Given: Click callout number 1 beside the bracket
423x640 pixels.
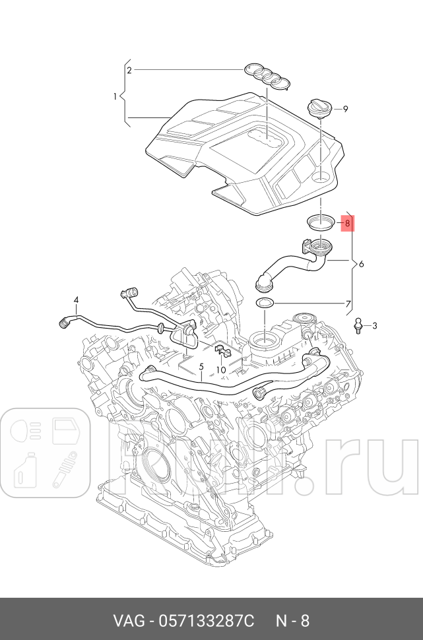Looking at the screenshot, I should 115,96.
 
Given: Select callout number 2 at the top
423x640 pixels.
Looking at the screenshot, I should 129,70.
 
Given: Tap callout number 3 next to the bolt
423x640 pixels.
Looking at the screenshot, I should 374,325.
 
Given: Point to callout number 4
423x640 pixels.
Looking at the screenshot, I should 77,300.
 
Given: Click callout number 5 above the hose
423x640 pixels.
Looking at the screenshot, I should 201,366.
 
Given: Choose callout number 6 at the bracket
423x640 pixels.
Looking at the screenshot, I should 361,264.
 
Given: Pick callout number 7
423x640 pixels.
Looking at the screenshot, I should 348,304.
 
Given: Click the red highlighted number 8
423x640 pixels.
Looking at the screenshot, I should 346,224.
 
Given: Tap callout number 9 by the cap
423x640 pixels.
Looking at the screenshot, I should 345,109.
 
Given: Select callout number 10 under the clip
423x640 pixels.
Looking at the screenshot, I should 221,370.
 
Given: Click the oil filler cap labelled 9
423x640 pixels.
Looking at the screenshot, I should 319,108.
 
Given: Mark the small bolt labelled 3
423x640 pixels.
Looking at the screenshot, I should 358,325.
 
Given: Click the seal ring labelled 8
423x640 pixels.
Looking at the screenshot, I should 321,222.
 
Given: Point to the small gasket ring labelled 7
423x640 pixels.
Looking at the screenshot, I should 265,303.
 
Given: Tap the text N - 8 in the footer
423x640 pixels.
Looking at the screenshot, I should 292,621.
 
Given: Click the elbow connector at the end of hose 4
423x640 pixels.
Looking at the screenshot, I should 66,321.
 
